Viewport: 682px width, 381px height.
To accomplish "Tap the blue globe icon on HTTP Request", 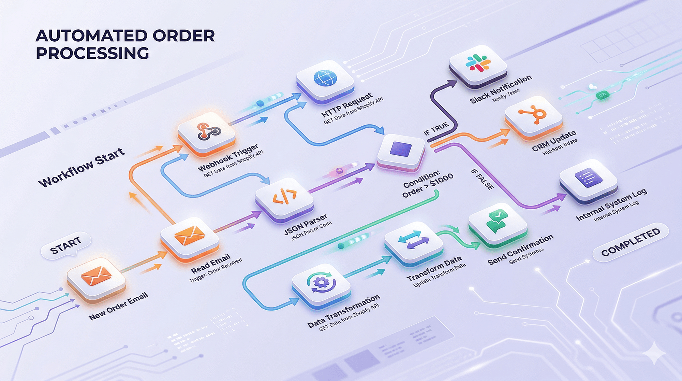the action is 325,78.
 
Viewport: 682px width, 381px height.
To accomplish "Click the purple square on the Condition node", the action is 401,149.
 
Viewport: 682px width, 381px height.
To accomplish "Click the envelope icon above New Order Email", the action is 97,275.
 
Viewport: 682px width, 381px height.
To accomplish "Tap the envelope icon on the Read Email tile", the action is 189,235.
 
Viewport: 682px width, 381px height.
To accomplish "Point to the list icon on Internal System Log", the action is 588,178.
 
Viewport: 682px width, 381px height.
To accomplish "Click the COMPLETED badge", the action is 631,242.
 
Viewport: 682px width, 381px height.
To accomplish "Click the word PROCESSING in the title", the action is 92,54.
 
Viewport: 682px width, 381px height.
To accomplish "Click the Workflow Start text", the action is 81,167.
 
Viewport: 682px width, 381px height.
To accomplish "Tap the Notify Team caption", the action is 506,96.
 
